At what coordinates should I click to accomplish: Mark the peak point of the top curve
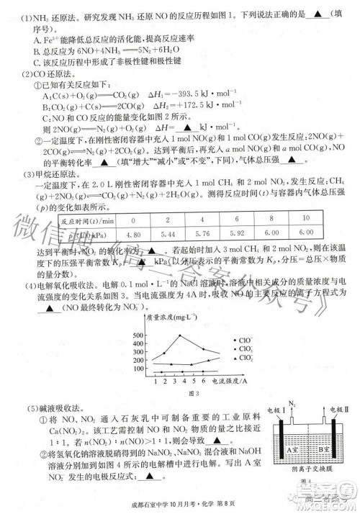pyautogui.click(x=179, y=335)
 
